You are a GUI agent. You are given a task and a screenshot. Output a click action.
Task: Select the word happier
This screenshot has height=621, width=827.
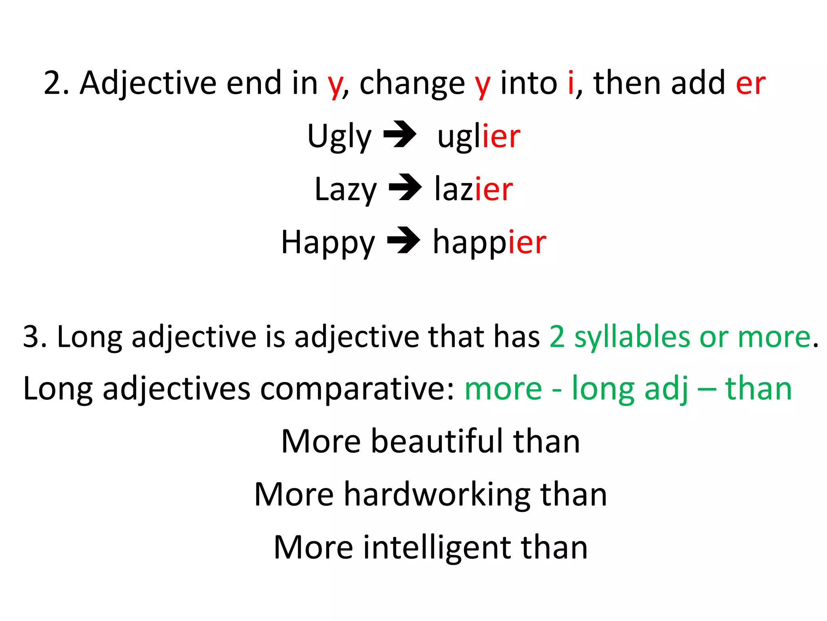pos(489,242)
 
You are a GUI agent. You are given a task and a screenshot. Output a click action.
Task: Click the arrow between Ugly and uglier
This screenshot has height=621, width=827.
pos(400,134)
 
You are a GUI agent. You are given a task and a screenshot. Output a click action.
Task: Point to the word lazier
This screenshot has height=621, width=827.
pos(473,189)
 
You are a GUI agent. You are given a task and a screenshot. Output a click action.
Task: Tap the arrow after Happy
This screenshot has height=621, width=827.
pos(403,240)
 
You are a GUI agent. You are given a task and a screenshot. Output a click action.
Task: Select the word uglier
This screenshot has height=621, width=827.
pos(479,137)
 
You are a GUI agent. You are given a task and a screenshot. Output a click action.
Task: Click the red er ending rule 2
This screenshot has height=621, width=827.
pos(750,83)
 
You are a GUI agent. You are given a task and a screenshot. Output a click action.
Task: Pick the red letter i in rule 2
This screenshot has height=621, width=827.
pos(571,82)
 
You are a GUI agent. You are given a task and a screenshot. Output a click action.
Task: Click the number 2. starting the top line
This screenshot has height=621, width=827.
pos(56,83)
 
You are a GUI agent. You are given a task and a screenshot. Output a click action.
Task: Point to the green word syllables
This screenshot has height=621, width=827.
pos(632,338)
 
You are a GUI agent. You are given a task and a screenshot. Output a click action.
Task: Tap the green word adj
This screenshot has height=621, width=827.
pos(666,389)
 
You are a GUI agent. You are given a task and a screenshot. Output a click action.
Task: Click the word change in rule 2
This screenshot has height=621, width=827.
pos(412,84)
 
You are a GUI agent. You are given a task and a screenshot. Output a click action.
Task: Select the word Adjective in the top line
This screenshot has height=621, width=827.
pos(148,83)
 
